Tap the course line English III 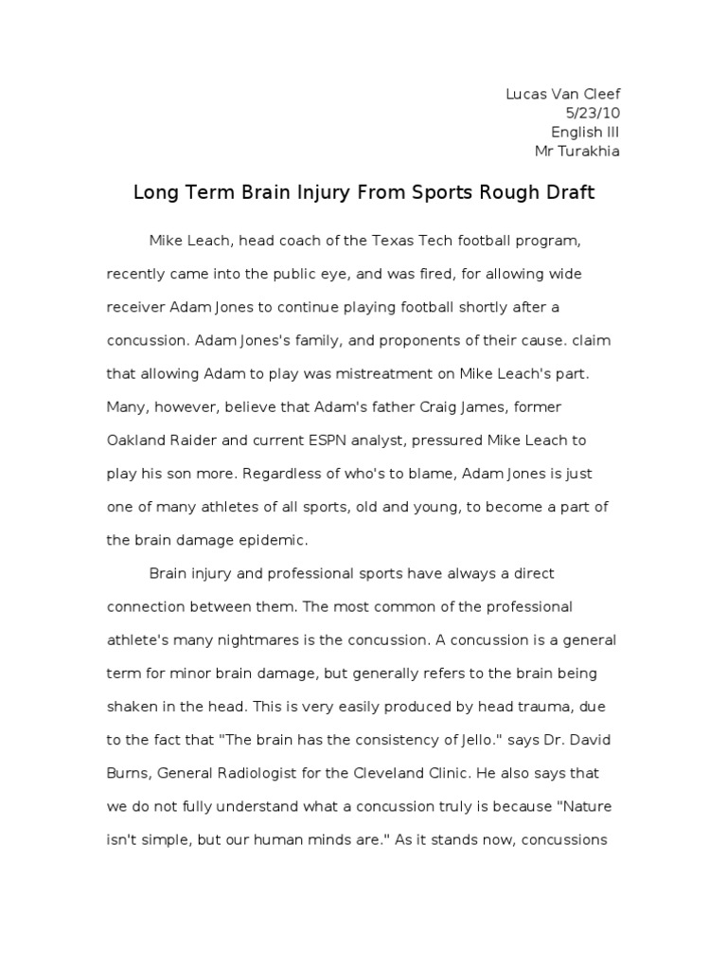point(585,132)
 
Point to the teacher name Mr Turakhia point(577,151)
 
